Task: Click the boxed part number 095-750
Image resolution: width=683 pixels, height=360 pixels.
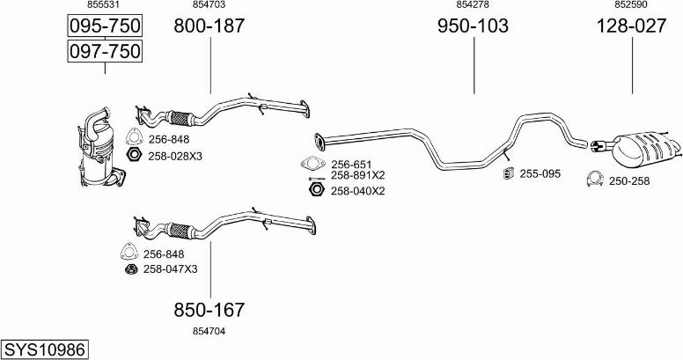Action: point(105,26)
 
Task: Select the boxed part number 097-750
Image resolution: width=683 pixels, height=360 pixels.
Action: point(105,51)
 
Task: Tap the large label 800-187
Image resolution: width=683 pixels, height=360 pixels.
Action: point(209,26)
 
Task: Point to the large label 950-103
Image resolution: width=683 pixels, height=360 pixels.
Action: point(473,26)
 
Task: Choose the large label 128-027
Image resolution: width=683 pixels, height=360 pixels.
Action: point(631,26)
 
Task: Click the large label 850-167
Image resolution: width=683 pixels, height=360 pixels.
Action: point(209,310)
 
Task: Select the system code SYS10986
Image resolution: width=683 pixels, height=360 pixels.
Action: point(44,349)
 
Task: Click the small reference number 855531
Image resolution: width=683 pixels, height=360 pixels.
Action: point(104,4)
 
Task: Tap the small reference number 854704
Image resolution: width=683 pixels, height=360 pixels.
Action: point(209,331)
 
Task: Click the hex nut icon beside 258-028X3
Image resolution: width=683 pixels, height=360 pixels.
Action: point(133,155)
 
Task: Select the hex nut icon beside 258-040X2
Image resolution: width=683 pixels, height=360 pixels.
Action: point(316,189)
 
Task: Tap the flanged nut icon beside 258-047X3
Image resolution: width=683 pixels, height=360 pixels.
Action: point(131,269)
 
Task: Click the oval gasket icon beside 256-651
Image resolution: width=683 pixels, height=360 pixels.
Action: point(313,164)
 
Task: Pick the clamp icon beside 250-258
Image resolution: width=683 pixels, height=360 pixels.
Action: point(595,179)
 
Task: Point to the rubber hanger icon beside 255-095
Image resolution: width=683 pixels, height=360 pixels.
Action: point(508,173)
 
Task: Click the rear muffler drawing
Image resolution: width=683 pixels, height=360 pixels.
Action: point(637,151)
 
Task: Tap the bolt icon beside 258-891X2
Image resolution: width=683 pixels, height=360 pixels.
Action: point(316,179)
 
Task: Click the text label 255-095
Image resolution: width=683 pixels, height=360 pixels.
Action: point(540,174)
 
